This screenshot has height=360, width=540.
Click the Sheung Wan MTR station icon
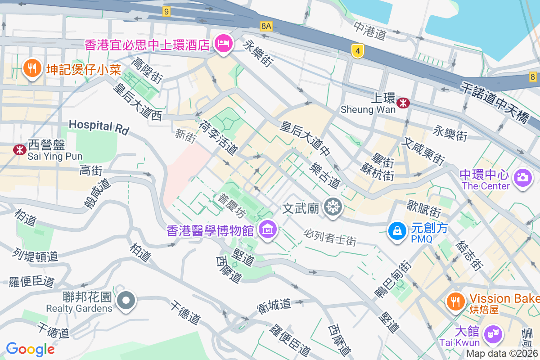tap(403, 103)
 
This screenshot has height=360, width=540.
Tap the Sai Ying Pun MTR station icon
tap(19, 150)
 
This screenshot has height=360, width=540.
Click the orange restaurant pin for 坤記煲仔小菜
tap(31, 68)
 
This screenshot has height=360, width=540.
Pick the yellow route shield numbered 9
tap(166, 12)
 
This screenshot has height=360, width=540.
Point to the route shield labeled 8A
tap(266, 26)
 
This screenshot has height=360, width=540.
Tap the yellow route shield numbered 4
tap(358, 52)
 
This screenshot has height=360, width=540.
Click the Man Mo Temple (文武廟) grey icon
tap(333, 207)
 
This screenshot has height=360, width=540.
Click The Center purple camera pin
tap(522, 177)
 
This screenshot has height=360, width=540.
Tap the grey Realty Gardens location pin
tap(126, 300)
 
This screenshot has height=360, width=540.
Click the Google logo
tap(30, 349)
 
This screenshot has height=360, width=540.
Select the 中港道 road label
tap(370, 31)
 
